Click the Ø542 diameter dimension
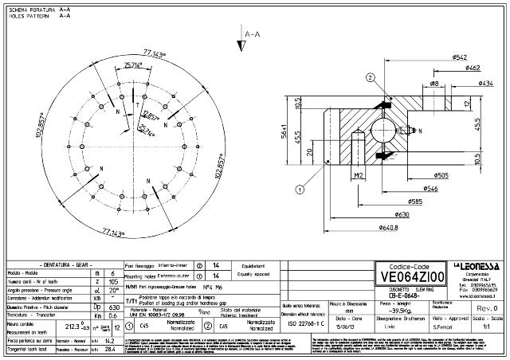click(x=437, y=58)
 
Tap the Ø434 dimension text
click(x=484, y=82)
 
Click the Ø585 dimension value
click(x=414, y=201)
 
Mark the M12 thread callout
click(x=359, y=174)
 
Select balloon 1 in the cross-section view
click(x=300, y=190)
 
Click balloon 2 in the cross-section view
click(x=371, y=77)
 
